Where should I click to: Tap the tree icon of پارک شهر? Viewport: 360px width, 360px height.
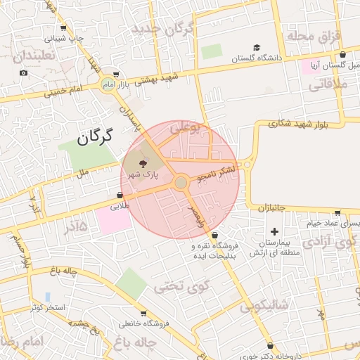144,162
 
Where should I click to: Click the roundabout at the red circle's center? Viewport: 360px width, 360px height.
181,183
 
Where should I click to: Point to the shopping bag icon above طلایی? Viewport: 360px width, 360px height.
120,195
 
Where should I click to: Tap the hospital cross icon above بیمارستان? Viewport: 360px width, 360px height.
274,231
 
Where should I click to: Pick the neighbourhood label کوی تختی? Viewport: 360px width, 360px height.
182,286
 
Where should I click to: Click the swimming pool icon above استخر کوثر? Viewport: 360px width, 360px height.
47,297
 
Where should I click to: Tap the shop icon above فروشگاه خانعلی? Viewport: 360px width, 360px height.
144,314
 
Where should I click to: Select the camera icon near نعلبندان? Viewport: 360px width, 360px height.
24,73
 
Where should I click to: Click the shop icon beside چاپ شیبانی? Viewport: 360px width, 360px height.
64,29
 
